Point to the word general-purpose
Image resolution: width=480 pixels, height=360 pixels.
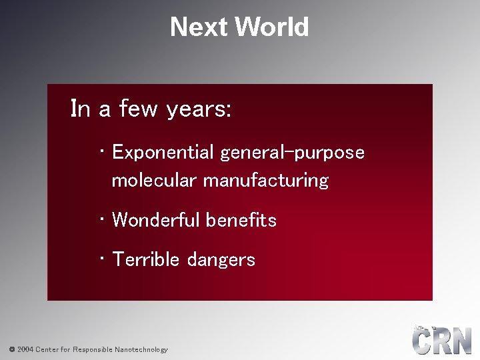click(x=293, y=153)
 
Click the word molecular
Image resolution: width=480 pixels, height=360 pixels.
click(x=155, y=180)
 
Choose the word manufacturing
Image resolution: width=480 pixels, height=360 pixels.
click(x=266, y=180)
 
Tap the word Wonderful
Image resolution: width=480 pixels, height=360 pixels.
click(x=157, y=220)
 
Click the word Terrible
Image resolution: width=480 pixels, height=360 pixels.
click(x=146, y=259)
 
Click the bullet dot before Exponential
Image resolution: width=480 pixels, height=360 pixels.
click(x=100, y=150)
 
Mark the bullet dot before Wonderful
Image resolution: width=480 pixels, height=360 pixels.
click(x=100, y=217)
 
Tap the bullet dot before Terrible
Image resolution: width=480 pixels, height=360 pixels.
click(x=100, y=257)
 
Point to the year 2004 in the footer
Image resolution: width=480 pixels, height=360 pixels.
click(x=25, y=349)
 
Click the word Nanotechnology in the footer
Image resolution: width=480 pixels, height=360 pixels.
click(x=141, y=349)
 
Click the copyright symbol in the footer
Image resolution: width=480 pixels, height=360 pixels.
click(x=11, y=349)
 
